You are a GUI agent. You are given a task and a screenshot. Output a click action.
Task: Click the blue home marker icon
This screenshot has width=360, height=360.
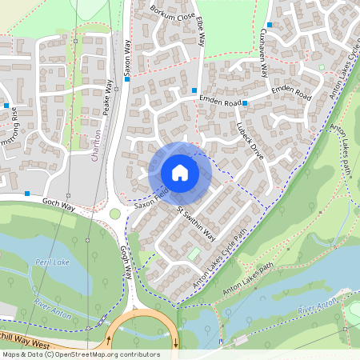[180, 172]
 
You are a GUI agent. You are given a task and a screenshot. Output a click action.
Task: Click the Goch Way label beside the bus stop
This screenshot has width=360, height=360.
[58, 204]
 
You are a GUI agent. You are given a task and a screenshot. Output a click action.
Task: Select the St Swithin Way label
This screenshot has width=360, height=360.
[196, 223]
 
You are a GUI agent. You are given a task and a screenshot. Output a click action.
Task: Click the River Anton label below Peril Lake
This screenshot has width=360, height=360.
[54, 310]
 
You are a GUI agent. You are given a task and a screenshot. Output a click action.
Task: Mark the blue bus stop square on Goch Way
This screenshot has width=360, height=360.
[28, 194]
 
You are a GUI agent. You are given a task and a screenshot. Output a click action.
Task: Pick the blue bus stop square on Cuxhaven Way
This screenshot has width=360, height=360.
[270, 25]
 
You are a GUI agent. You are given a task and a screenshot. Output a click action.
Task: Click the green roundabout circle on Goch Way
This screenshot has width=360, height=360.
[115, 214]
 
